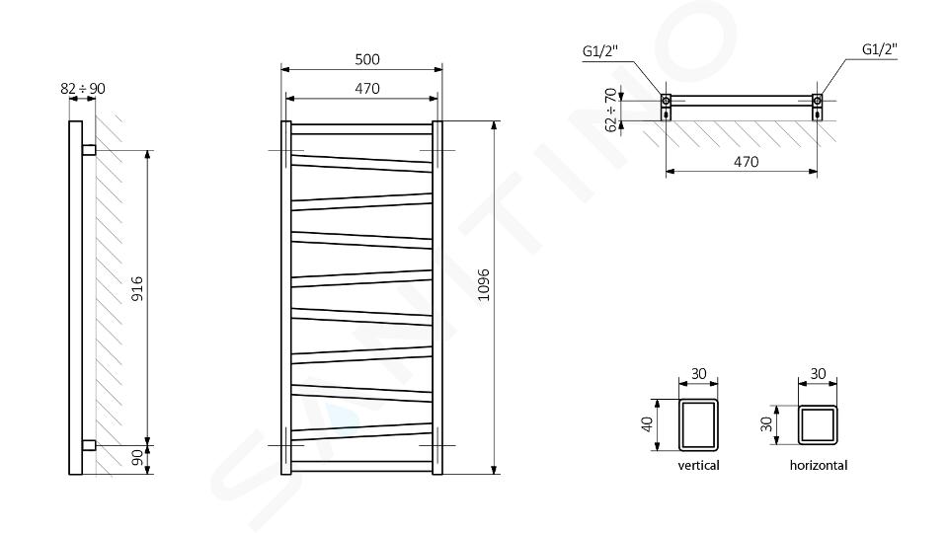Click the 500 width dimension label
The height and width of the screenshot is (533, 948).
(x=367, y=59)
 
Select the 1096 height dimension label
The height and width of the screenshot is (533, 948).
(x=484, y=285)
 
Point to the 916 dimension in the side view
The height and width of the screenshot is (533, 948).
(x=137, y=288)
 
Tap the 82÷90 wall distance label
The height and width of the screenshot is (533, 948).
(x=83, y=88)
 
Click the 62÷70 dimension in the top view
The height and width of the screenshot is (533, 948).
(x=610, y=110)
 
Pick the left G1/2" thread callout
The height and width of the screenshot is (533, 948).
(x=599, y=51)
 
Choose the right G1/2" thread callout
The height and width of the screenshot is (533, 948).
(x=879, y=49)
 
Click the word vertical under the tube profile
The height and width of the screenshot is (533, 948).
(x=698, y=465)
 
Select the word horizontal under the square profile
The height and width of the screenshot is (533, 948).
(x=818, y=465)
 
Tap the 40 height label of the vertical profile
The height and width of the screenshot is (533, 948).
(x=648, y=424)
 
